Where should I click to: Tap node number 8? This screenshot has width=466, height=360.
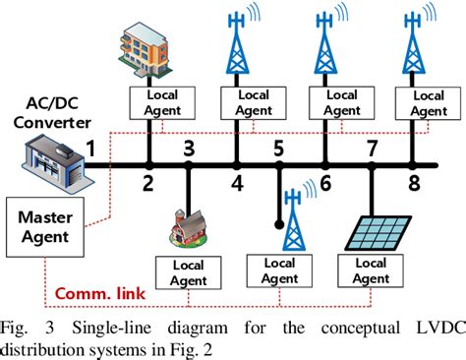click(x=414, y=184)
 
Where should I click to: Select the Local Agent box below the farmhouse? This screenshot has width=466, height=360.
click(x=186, y=271)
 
